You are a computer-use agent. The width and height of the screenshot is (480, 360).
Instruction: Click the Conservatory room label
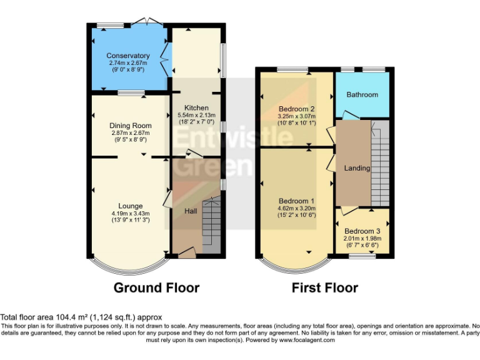pyautogui.click(x=127, y=56)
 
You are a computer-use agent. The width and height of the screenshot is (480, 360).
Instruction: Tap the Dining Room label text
pyautogui.click(x=131, y=126)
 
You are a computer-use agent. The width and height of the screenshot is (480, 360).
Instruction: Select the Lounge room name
pyautogui.click(x=131, y=206)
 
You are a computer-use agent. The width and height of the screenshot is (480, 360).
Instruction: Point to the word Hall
pyautogui.click(x=191, y=211)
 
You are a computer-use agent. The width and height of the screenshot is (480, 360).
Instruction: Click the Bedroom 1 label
pyautogui.click(x=296, y=201)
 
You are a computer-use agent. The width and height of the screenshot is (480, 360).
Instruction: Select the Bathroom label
pyautogui.click(x=362, y=94)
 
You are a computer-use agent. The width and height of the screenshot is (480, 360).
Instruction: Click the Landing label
pyautogui.click(x=357, y=168)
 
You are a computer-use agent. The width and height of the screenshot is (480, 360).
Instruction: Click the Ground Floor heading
pyautogui.click(x=156, y=287)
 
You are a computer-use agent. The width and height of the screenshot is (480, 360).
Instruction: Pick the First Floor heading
pyautogui.click(x=325, y=287)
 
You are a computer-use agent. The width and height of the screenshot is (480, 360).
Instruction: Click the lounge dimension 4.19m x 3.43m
pyautogui.click(x=131, y=213)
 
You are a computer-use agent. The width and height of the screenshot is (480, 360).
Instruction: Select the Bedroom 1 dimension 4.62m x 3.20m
pyautogui.click(x=296, y=208)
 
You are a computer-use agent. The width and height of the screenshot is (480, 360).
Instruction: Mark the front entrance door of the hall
pyautogui.click(x=186, y=253)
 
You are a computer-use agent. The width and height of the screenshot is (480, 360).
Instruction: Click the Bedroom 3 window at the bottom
pyautogui.click(x=362, y=256)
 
